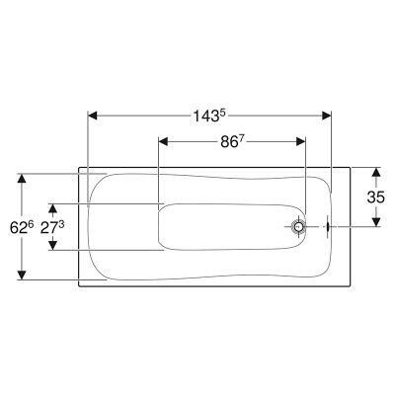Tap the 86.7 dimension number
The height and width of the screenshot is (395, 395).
229,142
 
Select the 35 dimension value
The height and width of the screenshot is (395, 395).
375,197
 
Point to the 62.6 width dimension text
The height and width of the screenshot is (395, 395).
22,227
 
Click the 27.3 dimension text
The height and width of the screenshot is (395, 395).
52,227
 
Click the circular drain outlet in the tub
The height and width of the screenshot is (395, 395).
298,226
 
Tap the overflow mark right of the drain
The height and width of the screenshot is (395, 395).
328,226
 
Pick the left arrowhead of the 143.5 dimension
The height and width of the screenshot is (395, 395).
93,116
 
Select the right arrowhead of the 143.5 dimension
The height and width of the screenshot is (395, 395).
326,116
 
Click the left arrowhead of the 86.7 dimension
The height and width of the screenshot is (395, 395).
164,141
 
